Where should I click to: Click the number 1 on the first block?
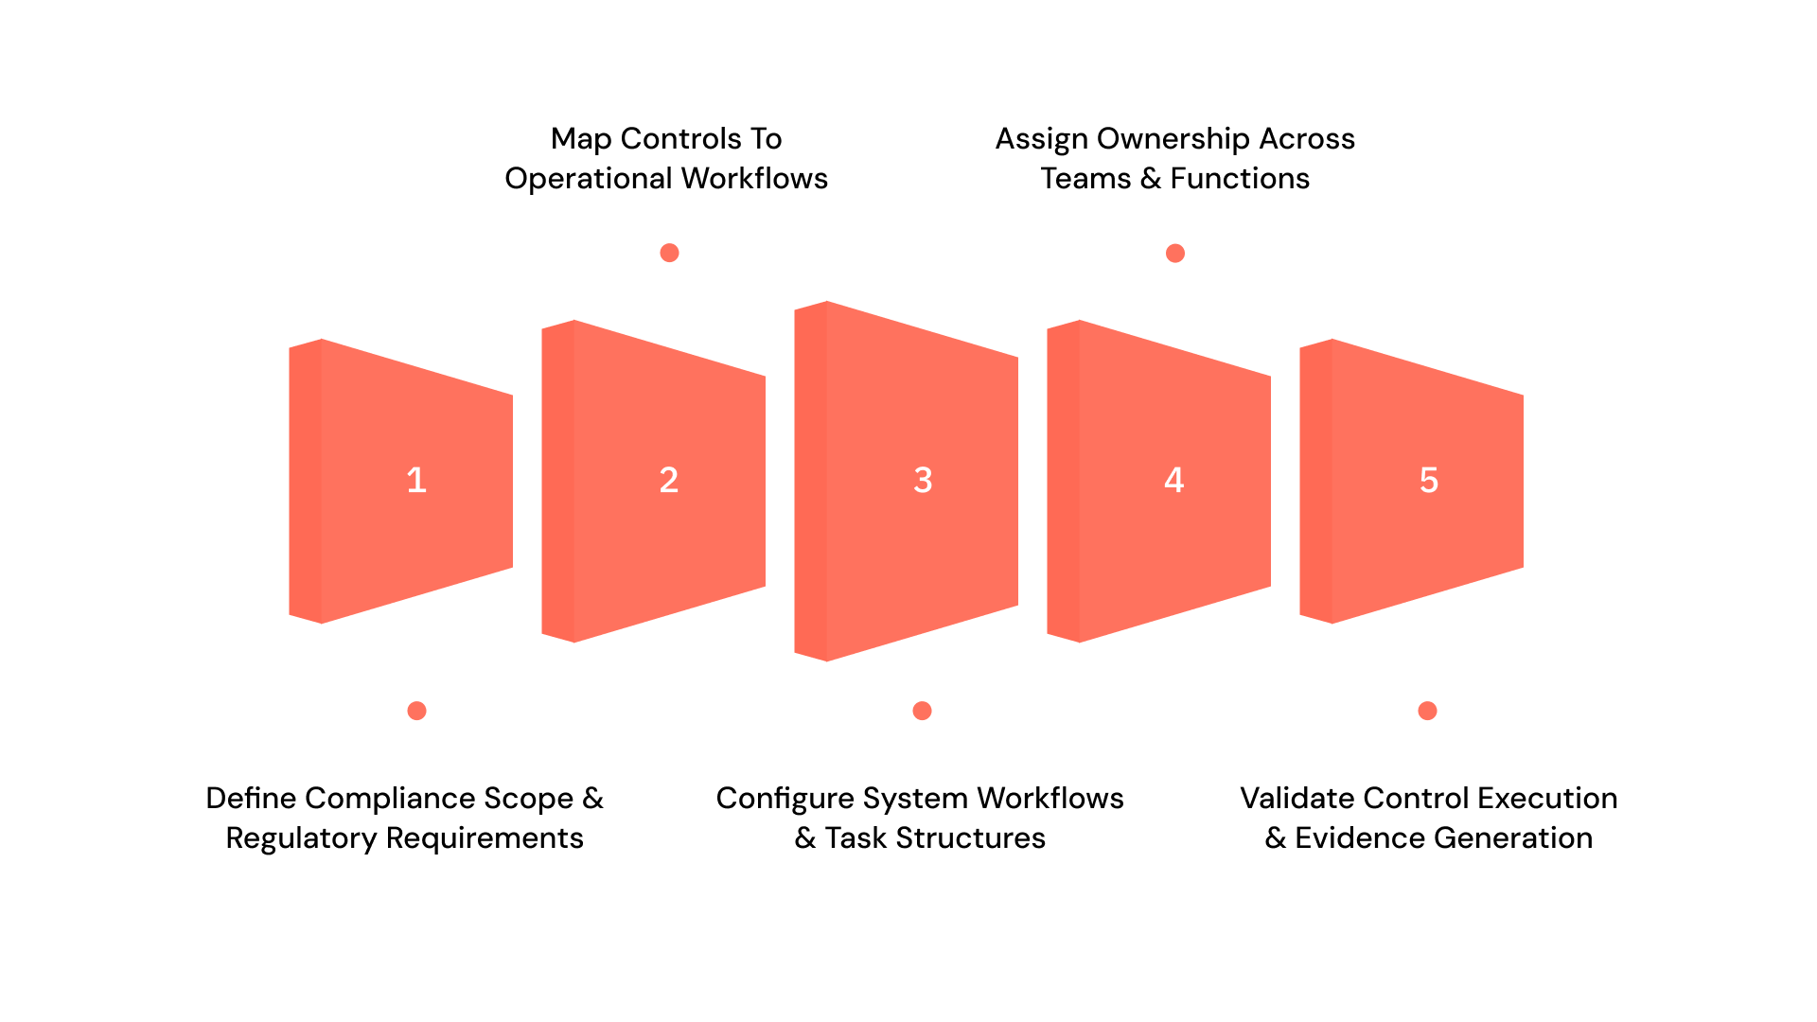(x=416, y=481)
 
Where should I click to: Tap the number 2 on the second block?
(x=669, y=481)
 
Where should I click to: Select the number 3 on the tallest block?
(x=923, y=481)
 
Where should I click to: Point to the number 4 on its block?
(x=1174, y=481)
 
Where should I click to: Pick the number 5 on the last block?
(x=1429, y=481)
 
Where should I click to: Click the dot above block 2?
(x=669, y=253)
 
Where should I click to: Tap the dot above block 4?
(x=1175, y=253)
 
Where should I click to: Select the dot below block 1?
(x=416, y=711)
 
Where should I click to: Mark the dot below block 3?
(x=923, y=711)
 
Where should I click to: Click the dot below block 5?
(x=1428, y=711)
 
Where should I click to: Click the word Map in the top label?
(x=581, y=139)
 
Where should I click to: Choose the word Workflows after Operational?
(x=754, y=179)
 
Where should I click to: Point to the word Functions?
(x=1240, y=179)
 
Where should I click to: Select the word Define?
(x=251, y=799)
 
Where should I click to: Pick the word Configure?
(x=785, y=799)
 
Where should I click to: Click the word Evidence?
(x=1360, y=838)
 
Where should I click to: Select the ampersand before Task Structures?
(x=805, y=838)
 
